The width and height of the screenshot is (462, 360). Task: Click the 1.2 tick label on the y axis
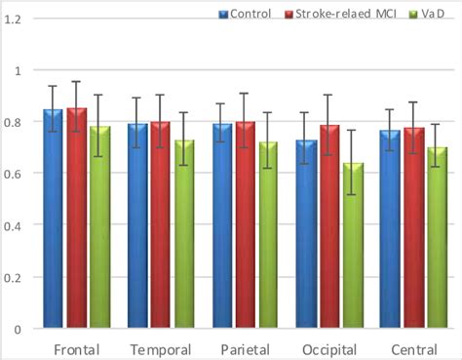point(17,20)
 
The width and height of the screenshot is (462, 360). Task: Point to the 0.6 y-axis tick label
point(17,174)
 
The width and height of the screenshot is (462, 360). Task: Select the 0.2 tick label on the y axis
point(17,277)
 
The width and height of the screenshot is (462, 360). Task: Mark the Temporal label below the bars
point(162,348)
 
